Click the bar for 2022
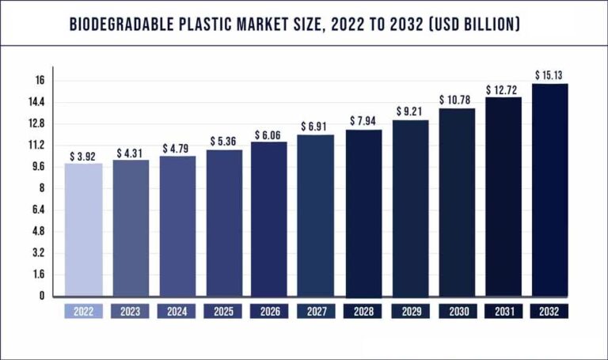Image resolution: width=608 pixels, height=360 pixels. coord(83,229)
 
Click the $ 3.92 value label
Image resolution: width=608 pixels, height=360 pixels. coord(83,156)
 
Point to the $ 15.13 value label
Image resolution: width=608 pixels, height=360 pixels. coord(550,75)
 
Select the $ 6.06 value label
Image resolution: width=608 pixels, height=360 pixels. coord(270,135)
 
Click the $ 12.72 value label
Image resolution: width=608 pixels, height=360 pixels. coord(503,89)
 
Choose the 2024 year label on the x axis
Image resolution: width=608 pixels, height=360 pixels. coord(177,312)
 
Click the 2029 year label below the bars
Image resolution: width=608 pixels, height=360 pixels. coord(410,312)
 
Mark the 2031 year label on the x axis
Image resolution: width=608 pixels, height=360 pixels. coord(503,312)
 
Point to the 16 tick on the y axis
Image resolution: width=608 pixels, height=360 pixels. coord(39,81)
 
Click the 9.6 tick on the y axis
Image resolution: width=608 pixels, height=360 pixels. coord(37,167)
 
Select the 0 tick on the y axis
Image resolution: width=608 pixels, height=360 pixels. coord(41,296)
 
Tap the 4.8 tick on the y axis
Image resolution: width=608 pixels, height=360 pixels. coord(37,231)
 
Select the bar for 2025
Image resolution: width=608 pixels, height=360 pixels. coord(223,222)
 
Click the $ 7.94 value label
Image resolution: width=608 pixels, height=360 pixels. coord(363,122)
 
